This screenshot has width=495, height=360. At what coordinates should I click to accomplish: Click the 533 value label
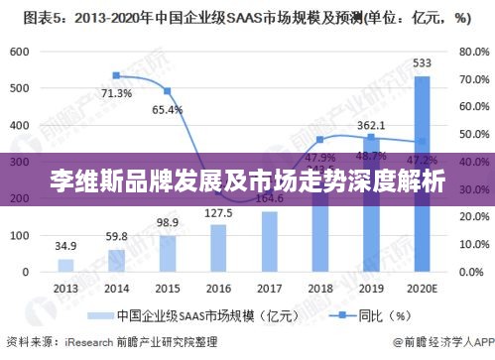[423, 63]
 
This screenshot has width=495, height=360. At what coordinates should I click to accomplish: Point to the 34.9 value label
[65, 245]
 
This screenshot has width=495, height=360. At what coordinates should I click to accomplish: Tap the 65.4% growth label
[168, 109]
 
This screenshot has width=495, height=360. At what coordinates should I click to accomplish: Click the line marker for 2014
[117, 75]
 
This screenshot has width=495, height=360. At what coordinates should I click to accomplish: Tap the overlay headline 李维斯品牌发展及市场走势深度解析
[247, 182]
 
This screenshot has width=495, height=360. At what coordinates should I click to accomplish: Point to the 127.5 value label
[218, 213]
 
